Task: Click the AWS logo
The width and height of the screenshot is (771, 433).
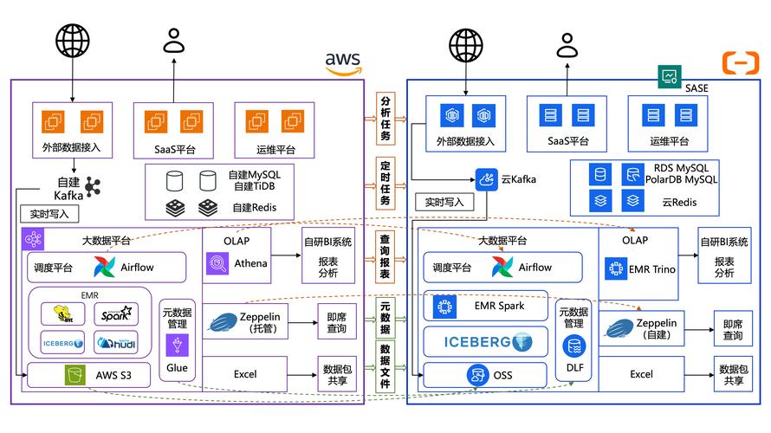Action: tap(343, 63)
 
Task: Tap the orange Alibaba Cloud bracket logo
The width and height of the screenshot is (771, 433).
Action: tap(740, 61)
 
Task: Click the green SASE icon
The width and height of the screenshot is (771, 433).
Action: tap(669, 76)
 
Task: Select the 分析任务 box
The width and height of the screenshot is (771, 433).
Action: tap(385, 119)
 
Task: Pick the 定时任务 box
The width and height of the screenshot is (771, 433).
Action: tap(385, 183)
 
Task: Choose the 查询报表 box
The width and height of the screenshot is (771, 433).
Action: tap(385, 255)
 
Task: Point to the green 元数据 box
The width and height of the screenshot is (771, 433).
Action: tap(385, 317)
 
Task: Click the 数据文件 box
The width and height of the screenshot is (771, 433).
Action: tap(385, 365)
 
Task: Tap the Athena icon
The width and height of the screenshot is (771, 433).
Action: tap(217, 263)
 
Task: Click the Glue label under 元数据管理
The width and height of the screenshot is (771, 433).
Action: tap(178, 367)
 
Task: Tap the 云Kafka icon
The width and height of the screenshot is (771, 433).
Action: tap(485, 178)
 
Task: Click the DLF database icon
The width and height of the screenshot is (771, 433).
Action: tap(573, 347)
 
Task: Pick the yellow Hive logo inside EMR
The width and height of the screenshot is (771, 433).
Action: tap(62, 314)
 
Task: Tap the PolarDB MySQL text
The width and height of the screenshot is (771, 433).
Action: tap(681, 179)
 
